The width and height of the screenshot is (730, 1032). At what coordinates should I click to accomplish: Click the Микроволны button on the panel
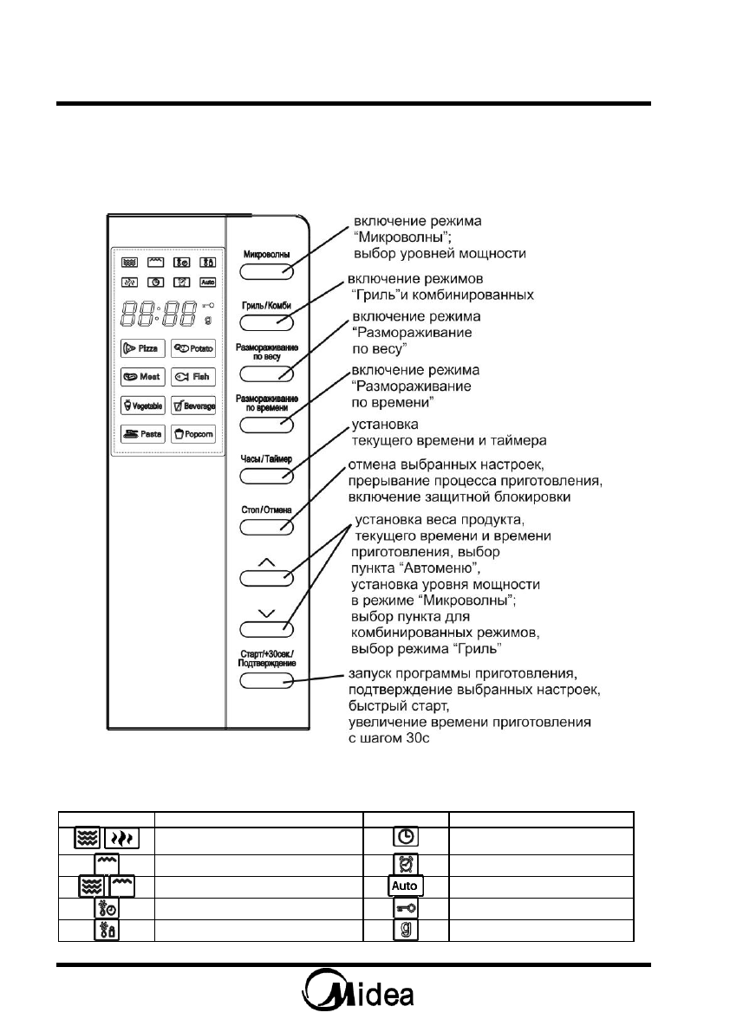(x=266, y=272)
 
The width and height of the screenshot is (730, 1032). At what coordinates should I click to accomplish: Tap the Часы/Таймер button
(x=266, y=476)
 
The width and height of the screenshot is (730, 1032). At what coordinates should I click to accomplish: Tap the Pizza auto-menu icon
(x=140, y=347)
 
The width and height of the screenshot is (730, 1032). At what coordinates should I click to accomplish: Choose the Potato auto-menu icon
(x=192, y=347)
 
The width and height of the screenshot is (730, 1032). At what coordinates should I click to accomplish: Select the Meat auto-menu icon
(x=140, y=377)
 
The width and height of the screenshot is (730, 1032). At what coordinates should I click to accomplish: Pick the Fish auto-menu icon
(x=192, y=377)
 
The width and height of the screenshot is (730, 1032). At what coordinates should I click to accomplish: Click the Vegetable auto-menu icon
(x=140, y=406)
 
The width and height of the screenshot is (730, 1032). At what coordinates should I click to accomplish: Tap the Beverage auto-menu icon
(x=192, y=406)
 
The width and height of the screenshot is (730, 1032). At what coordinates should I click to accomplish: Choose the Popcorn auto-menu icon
(x=192, y=435)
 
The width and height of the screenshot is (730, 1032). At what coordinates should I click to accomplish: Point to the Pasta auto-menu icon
(x=140, y=435)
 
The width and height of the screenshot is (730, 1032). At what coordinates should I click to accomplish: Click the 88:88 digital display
(x=161, y=313)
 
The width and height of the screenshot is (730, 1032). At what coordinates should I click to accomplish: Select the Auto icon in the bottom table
(x=406, y=886)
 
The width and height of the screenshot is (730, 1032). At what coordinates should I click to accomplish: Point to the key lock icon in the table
(x=406, y=908)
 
